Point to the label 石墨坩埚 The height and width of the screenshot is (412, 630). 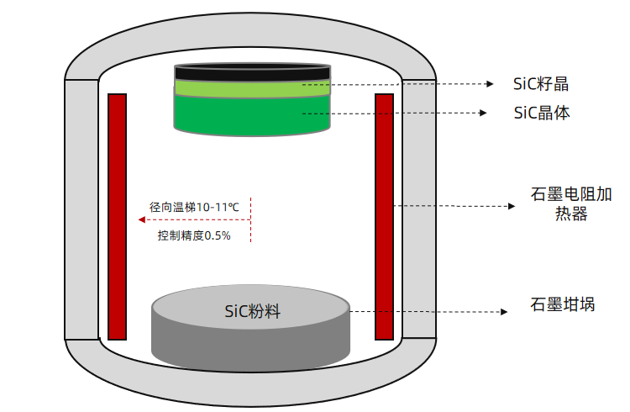point(562,304)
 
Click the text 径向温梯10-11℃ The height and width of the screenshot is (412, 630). point(195,206)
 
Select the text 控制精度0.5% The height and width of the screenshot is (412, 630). point(194,236)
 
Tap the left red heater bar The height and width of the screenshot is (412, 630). point(117,214)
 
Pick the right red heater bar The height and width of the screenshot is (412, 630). point(384,214)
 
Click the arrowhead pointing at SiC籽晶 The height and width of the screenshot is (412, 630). point(491,84)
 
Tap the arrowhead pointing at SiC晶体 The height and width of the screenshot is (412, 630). point(485,113)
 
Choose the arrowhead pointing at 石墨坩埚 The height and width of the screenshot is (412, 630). point(505,312)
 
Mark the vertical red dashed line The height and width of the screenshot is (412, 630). point(250,220)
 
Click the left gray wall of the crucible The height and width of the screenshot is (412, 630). point(81,210)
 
